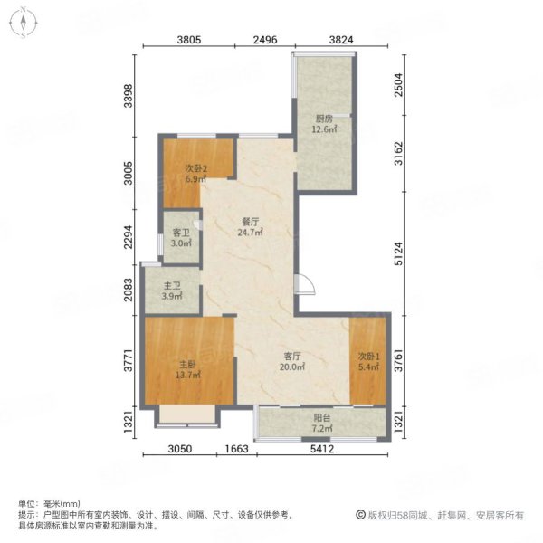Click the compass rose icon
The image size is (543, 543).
click(x=24, y=23)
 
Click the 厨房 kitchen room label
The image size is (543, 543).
click(x=324, y=124)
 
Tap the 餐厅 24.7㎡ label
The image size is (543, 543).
click(x=250, y=227)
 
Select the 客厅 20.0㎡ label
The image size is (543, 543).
click(x=292, y=361)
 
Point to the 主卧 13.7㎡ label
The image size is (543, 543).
click(x=188, y=369)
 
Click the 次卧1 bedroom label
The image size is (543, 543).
click(x=369, y=361)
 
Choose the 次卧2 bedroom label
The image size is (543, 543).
click(x=196, y=174)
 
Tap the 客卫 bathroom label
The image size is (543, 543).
click(x=181, y=237)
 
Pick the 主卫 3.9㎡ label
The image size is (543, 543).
click(x=172, y=291)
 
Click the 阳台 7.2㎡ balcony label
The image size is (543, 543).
click(x=322, y=423)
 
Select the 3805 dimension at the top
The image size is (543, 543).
click(x=189, y=40)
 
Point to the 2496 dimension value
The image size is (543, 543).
click(x=265, y=40)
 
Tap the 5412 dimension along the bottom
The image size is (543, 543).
click(x=322, y=449)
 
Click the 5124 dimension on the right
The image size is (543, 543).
click(x=398, y=253)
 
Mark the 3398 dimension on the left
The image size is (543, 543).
click(x=129, y=96)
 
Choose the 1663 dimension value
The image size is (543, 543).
click(x=237, y=449)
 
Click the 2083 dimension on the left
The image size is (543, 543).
click(x=129, y=290)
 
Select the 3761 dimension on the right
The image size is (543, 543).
click(x=398, y=360)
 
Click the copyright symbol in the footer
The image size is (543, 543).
click(x=360, y=515)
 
